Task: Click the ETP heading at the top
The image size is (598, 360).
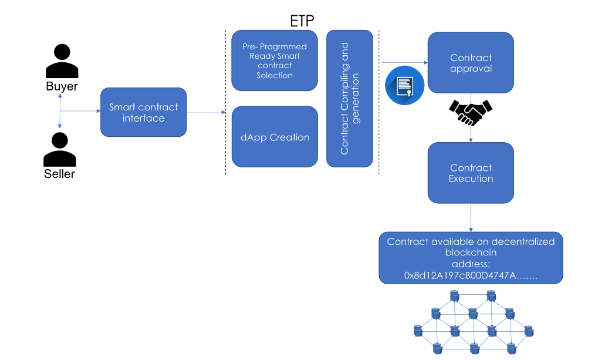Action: (302, 21)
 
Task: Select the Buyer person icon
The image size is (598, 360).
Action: (62, 61)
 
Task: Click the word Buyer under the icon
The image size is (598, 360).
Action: (62, 87)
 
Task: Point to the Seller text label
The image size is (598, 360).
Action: (59, 174)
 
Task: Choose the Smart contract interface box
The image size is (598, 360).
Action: (143, 112)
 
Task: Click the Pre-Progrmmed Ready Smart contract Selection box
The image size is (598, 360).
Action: (274, 60)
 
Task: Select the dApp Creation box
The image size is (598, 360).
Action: (274, 137)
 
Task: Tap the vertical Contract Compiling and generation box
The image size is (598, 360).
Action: (349, 98)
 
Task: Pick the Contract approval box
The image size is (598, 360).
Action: (471, 63)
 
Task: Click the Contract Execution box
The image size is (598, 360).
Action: (471, 173)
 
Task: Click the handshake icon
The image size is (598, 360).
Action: (471, 112)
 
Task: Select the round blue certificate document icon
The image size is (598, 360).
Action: (404, 86)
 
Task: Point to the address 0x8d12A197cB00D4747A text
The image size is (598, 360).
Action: (471, 275)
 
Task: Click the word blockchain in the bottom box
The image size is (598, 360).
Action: (471, 253)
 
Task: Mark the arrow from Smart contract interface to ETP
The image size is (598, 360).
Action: (206, 112)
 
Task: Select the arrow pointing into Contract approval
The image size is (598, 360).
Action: (405, 62)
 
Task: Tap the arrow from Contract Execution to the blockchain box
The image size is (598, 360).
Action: (471, 217)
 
